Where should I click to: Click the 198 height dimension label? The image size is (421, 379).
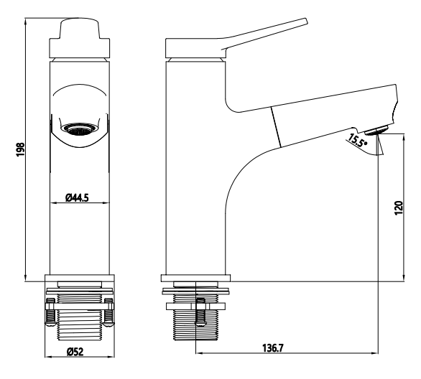[x=21, y=150]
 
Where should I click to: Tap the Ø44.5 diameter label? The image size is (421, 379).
[x=77, y=197]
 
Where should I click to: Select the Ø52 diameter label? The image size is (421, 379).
[x=75, y=352]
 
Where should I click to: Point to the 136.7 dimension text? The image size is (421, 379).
[x=273, y=348]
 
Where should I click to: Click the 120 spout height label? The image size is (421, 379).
[x=399, y=208]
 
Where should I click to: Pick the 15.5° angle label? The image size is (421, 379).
[x=357, y=140]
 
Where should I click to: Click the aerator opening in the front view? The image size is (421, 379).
[x=79, y=128]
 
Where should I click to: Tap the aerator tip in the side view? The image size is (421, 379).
[x=376, y=130]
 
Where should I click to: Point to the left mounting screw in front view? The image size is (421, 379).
[x=50, y=312]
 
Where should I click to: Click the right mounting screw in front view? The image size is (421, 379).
[x=108, y=312]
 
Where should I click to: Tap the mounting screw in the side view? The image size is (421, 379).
[x=200, y=312]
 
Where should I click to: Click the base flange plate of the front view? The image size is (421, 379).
[x=80, y=278]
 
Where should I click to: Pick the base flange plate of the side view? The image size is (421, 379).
[x=195, y=278]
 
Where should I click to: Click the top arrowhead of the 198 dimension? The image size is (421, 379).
[x=25, y=21]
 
